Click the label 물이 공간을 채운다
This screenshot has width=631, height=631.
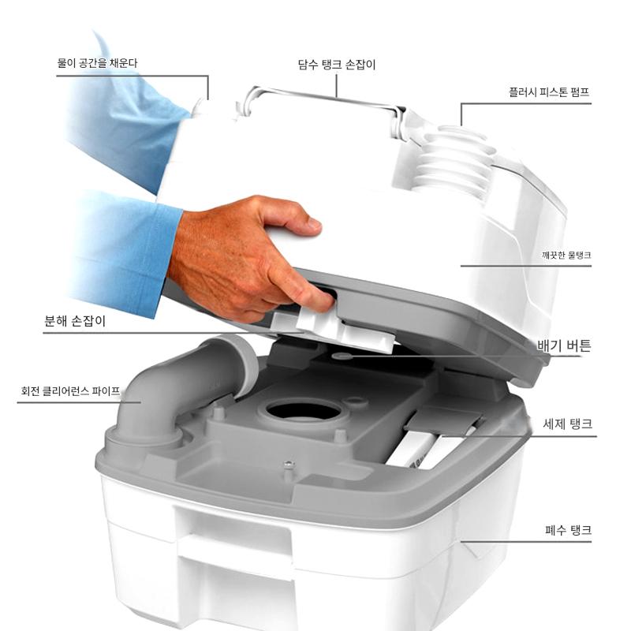click(x=97, y=63)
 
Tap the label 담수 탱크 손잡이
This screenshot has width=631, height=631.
click(x=337, y=65)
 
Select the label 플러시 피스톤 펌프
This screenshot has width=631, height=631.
click(x=549, y=92)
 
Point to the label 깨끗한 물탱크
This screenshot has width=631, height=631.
click(x=566, y=255)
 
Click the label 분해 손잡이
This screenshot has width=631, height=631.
click(x=74, y=321)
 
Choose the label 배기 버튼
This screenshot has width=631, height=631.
click(x=564, y=345)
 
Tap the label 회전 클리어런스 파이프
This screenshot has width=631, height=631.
click(x=70, y=390)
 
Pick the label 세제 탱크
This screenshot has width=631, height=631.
click(x=567, y=424)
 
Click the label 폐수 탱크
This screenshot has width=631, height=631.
click(x=568, y=530)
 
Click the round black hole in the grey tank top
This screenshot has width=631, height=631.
click(x=304, y=410)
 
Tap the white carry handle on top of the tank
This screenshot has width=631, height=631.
click(x=322, y=106)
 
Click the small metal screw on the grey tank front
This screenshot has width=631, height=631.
click(x=289, y=465)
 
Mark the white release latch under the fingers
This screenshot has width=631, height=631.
click(x=334, y=328)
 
